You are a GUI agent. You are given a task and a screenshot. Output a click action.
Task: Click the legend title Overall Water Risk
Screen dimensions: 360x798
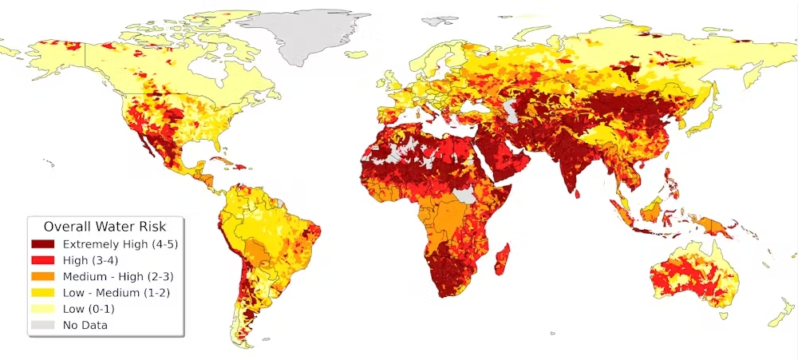coord(105,226)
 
